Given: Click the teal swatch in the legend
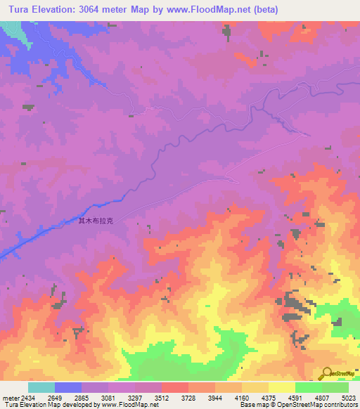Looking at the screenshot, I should tap(41, 387).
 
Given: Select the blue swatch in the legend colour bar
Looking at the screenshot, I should tap(67, 387).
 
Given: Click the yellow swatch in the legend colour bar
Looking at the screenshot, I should tap(281, 387).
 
